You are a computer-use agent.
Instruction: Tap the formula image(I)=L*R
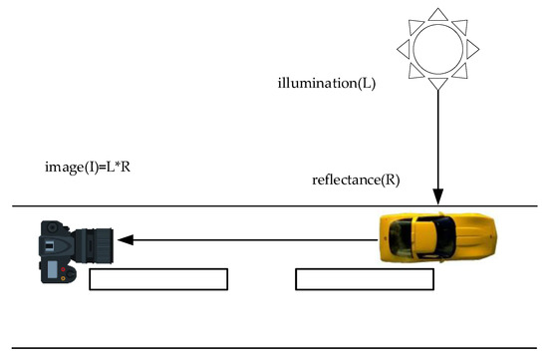[x=89, y=166]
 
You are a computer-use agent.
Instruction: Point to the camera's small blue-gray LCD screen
[x=48, y=269]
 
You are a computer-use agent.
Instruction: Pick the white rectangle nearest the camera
[x=158, y=279]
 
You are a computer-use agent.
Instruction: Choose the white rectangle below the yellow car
[x=364, y=279]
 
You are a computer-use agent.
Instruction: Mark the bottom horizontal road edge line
[x=274, y=348]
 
